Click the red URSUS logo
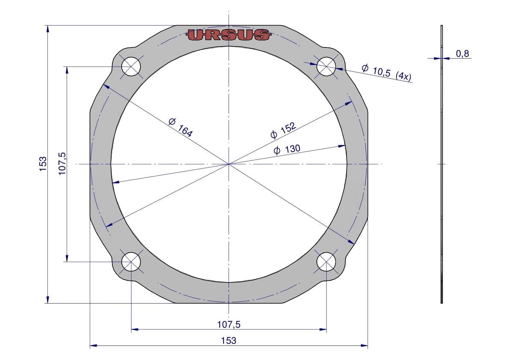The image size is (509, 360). pyautogui.click(x=229, y=35)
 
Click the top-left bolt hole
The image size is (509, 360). pyautogui.click(x=131, y=67)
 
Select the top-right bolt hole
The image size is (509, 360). pyautogui.click(x=326, y=67)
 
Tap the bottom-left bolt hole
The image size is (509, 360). pyautogui.click(x=131, y=262)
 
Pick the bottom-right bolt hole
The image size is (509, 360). pyautogui.click(x=326, y=262)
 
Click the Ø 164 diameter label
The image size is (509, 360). pyautogui.click(x=180, y=127)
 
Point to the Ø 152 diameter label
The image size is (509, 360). pyautogui.click(x=283, y=130)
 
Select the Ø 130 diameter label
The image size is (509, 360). pyautogui.click(x=287, y=149)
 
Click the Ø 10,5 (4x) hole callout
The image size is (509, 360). pyautogui.click(x=386, y=73)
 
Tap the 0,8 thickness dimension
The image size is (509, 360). pyautogui.click(x=462, y=53)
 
